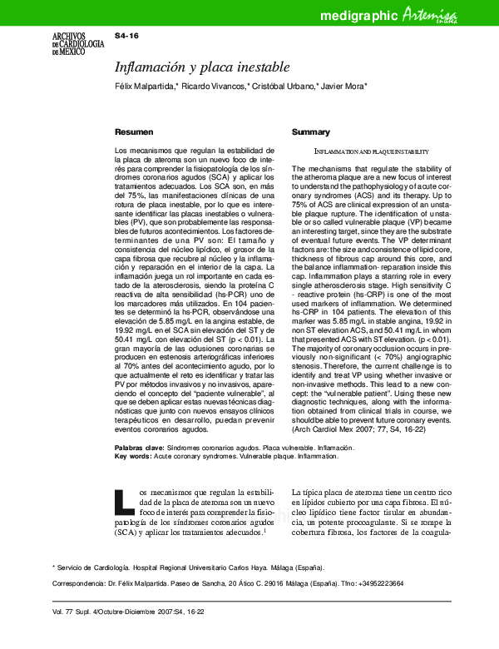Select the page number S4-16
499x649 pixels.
[126, 37]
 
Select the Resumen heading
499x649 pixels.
[133, 132]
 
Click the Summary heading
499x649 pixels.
[311, 132]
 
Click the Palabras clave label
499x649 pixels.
[139, 448]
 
